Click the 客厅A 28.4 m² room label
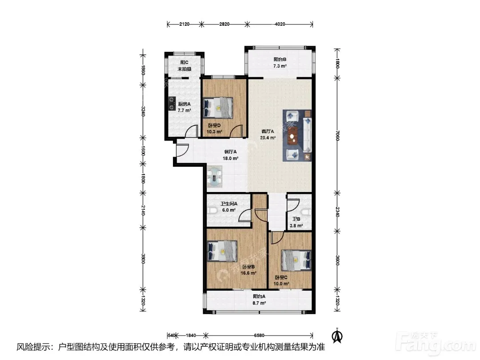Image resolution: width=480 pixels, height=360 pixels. (268, 134)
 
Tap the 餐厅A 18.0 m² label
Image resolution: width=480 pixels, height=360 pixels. (230, 155)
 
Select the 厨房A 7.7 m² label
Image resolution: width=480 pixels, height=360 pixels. (184, 107)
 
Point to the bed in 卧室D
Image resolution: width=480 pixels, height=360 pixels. (218, 108)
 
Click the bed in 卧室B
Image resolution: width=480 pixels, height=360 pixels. (222, 251)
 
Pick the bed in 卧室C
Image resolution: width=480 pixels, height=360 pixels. (296, 260)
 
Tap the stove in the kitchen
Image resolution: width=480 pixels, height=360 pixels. (171, 103)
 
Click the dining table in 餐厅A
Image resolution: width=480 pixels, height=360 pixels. (215, 176)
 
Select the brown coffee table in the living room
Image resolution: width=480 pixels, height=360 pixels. (293, 135)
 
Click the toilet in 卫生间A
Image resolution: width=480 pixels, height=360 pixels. (212, 211)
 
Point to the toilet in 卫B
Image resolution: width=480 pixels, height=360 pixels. (307, 212)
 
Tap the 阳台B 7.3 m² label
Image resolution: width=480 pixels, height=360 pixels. (280, 63)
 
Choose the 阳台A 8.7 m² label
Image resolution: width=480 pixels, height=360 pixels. (259, 300)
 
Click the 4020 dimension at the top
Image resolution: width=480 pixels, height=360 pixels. (280, 24)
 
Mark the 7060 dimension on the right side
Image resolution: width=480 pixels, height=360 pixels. (337, 136)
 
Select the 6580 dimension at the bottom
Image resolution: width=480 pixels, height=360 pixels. (259, 336)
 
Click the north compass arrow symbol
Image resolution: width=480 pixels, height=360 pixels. (337, 336)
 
